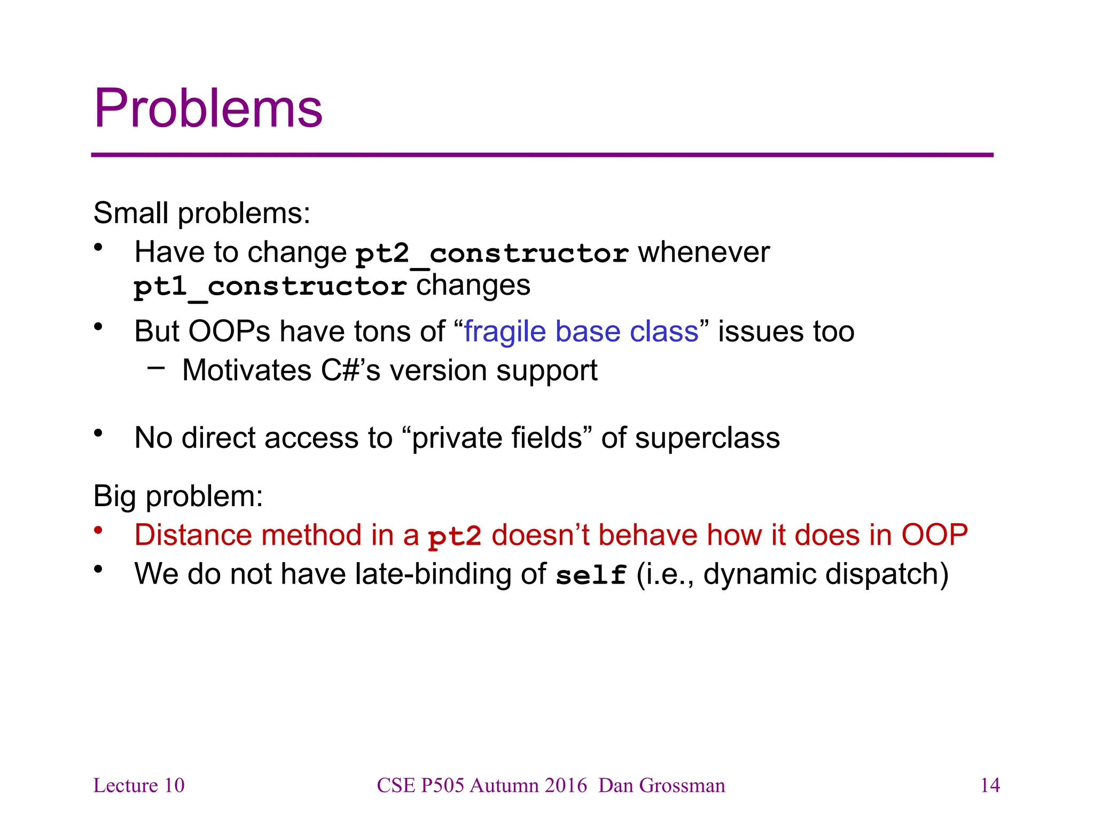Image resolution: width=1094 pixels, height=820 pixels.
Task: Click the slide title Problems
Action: [208, 108]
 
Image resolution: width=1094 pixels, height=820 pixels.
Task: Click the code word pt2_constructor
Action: [492, 253]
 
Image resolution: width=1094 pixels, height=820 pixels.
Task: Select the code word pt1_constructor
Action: [270, 287]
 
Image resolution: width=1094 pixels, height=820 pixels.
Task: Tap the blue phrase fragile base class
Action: [581, 332]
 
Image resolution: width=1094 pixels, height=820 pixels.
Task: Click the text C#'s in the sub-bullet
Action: [350, 370]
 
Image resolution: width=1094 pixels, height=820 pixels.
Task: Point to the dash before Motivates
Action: [156, 367]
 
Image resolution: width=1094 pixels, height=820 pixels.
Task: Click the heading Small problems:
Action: [201, 213]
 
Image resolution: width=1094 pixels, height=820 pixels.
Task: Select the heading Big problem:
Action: [178, 496]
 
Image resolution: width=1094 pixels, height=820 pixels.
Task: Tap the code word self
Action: [591, 575]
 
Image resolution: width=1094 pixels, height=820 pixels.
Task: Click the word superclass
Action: [707, 438]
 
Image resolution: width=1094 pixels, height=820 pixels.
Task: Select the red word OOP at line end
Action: [934, 535]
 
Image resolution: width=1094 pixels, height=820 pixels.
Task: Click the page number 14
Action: [990, 785]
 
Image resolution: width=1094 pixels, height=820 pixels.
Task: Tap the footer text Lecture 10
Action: [139, 785]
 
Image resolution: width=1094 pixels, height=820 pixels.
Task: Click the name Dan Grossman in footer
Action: [662, 785]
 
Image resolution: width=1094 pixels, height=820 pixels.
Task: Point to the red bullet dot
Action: [98, 531]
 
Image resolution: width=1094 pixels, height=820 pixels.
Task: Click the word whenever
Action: [704, 252]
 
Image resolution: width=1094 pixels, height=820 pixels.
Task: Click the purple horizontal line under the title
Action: [542, 155]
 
